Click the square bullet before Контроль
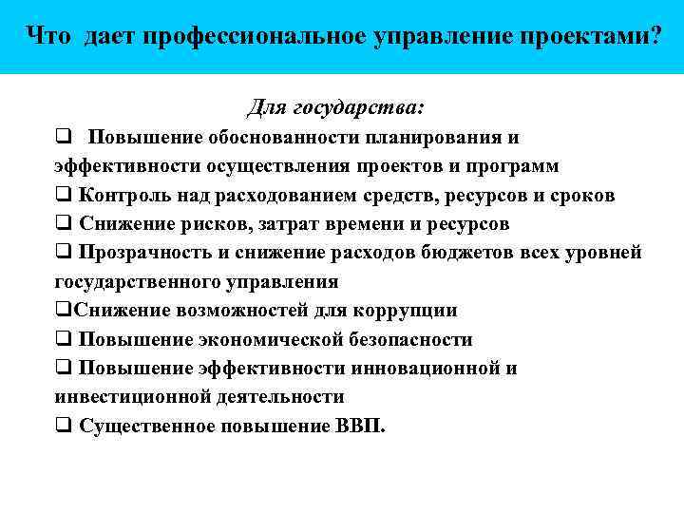point(63,196)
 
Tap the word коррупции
point(405,311)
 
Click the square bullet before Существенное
point(63,426)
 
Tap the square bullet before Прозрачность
point(63,254)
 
